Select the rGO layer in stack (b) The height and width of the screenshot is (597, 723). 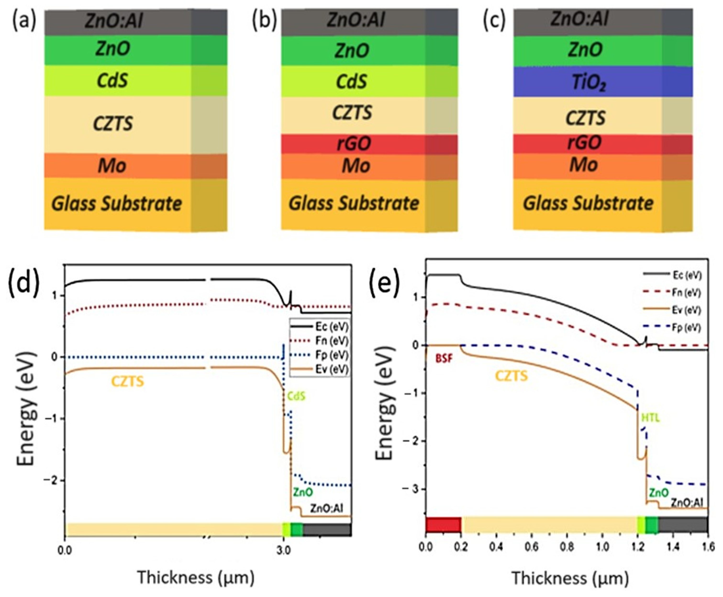(x=354, y=144)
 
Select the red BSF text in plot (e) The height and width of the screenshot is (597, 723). (x=444, y=358)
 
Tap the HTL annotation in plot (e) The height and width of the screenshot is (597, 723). (x=651, y=418)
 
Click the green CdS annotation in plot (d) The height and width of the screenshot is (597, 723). (x=296, y=396)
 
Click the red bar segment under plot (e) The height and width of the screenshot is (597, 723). (x=443, y=524)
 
